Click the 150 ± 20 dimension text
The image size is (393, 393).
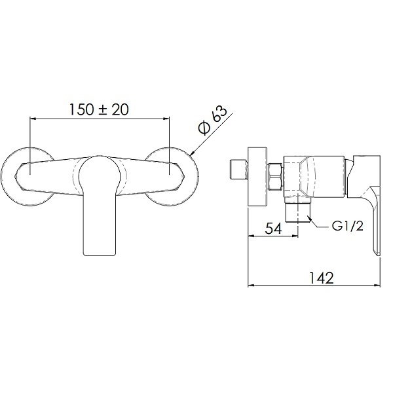pos(98,109)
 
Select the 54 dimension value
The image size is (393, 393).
pos(273,229)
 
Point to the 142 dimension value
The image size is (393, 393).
pos(322,278)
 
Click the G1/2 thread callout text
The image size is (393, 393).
pos(347,227)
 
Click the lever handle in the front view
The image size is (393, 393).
pos(100,205)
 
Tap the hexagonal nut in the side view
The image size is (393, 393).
pos(276,177)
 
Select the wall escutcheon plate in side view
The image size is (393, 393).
pos(257,176)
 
